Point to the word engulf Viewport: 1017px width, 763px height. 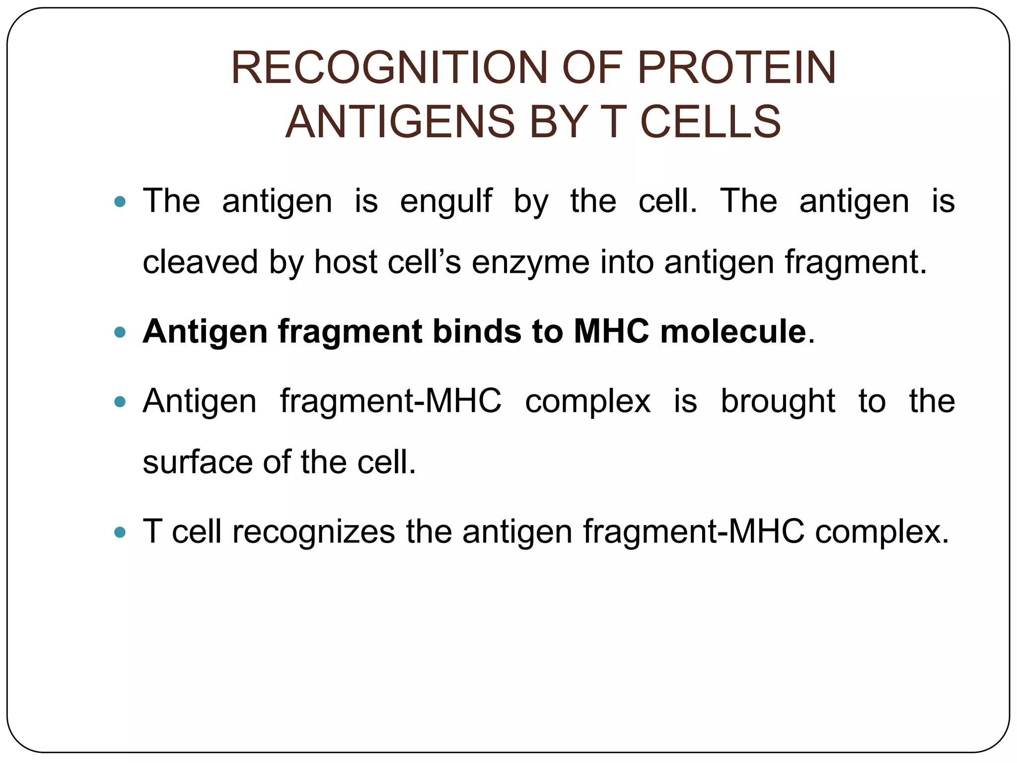446,202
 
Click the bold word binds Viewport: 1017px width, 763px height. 477,331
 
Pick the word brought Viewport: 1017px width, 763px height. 778,401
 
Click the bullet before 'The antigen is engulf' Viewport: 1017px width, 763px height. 120,202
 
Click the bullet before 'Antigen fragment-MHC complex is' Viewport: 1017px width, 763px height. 120,401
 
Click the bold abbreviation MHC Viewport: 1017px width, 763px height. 611,331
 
